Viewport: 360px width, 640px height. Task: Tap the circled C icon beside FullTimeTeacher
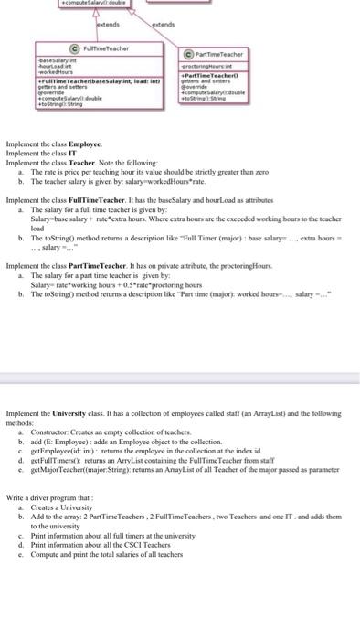pos(74,48)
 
